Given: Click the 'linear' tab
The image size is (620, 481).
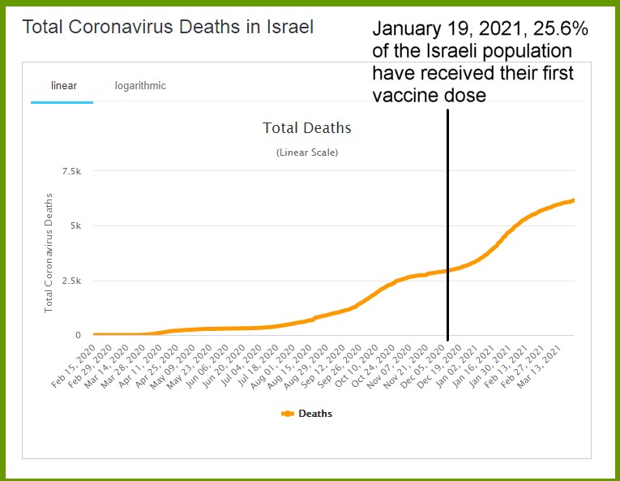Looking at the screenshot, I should click(63, 86).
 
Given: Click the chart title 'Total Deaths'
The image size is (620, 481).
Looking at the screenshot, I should click(306, 128).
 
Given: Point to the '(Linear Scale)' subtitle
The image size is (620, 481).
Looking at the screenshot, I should click(306, 152).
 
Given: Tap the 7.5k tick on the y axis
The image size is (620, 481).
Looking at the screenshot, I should click(71, 171).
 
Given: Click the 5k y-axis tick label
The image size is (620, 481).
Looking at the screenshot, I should click(76, 226).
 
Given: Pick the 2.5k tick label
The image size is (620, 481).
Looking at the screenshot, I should click(71, 281).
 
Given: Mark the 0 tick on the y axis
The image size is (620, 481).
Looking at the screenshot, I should click(79, 335).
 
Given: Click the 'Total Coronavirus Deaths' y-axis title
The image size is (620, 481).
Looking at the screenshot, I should click(49, 252).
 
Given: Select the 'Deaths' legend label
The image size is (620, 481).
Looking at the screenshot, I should click(315, 414).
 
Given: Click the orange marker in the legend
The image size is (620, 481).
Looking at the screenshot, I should click(287, 414).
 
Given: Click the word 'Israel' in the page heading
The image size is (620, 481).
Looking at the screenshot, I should click(289, 27).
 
